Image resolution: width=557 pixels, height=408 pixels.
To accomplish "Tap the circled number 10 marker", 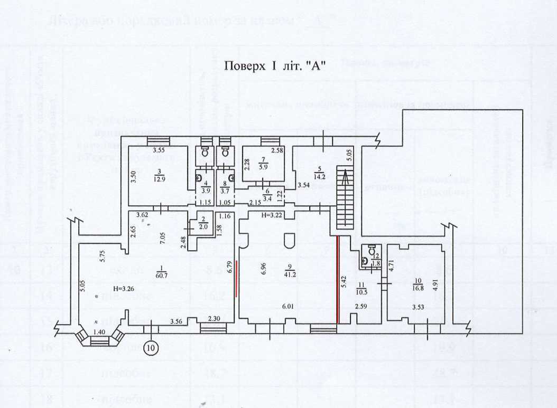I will tap(152, 347).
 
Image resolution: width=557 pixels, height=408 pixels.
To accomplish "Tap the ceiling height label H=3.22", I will tap(272, 215).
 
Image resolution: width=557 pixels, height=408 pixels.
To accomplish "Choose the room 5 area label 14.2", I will tap(317, 176).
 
